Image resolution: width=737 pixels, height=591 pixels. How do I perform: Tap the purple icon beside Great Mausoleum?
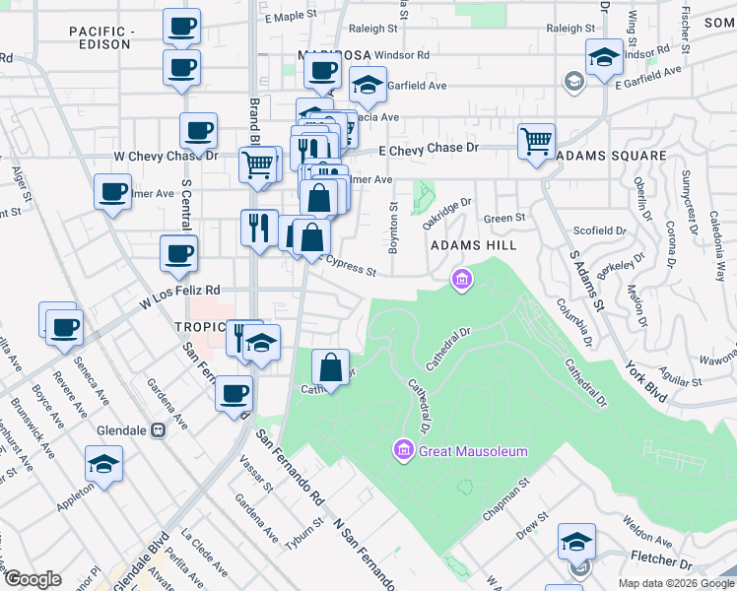coord(403,451)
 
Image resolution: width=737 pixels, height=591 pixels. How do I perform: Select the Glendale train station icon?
coord(157,430)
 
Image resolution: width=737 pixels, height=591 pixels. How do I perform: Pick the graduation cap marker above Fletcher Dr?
coord(576,541)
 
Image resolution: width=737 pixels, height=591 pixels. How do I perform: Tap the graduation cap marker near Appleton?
coord(103,464)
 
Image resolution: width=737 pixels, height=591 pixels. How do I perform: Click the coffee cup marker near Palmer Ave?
coord(112,190)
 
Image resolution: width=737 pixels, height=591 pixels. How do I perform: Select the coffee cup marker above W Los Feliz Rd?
coord(178,253)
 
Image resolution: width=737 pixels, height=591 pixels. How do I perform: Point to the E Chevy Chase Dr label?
coord(429,148)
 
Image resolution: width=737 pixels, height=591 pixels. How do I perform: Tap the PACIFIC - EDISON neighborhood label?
coord(100,38)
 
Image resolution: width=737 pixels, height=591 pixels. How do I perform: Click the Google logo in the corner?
coord(33,579)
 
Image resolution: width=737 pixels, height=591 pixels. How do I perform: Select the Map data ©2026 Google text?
coord(677,583)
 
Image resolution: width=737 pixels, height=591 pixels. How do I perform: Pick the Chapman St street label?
coord(506,502)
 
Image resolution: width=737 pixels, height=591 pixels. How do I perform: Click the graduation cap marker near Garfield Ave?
coord(368,88)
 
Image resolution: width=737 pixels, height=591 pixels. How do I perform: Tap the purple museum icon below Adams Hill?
coord(460,281)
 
